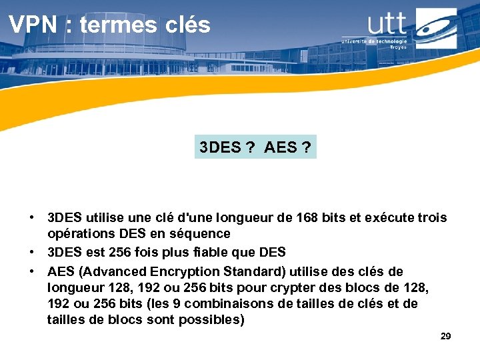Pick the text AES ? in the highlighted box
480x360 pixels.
pos(287,147)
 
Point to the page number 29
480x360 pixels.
pos(446,336)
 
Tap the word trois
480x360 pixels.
pos(431,218)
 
